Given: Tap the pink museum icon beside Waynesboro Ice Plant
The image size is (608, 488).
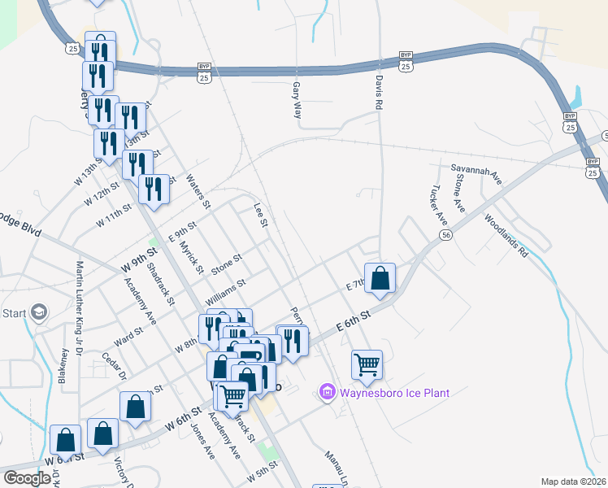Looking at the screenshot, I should (328, 393).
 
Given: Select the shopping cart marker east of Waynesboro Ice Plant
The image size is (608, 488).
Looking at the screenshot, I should (367, 365).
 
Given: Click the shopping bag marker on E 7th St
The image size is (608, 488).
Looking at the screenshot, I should (380, 279).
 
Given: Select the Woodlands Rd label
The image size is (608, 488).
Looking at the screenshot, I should (506, 236).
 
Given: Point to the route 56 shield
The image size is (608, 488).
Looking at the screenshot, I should (446, 234).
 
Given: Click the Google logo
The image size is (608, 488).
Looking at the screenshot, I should (27, 477).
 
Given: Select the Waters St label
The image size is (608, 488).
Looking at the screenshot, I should (198, 191).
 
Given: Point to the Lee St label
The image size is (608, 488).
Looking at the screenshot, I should (261, 216).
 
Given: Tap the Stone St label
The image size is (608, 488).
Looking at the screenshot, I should (227, 264).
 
